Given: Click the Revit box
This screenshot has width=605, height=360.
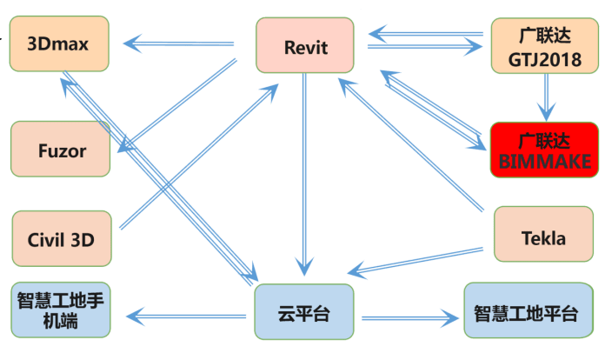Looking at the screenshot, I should click(305, 46).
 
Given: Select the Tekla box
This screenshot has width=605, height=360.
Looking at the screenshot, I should click(543, 236).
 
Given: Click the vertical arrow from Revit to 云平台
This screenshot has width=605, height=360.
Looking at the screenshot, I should click(303, 174).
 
